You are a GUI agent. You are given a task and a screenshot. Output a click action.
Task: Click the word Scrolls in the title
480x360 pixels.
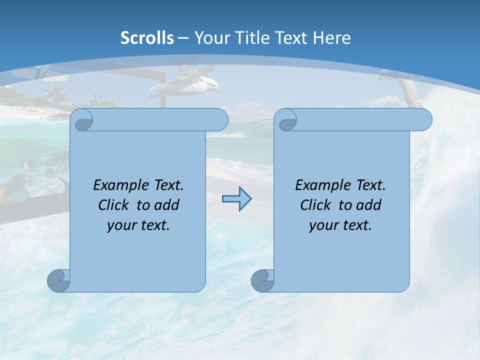(x=147, y=38)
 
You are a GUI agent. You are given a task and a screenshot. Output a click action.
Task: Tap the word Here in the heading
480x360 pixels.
(x=332, y=38)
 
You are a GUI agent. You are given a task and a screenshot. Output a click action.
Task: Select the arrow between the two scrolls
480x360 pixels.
(x=236, y=199)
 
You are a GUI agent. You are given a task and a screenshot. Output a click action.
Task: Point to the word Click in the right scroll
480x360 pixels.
(x=315, y=205)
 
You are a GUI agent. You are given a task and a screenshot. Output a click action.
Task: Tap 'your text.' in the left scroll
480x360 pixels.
(x=138, y=225)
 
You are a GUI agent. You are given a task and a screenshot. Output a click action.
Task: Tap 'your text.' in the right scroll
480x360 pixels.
(x=340, y=225)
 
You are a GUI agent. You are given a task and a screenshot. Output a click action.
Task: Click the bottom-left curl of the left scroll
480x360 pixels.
(x=58, y=280)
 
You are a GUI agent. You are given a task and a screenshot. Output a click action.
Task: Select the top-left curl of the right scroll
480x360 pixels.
(x=286, y=120)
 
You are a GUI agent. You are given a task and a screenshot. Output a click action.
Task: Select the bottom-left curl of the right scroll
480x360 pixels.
(x=262, y=280)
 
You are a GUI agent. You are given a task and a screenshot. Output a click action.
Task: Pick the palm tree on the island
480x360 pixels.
(x=55, y=94)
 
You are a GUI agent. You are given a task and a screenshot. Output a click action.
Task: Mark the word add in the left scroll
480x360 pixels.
(x=166, y=205)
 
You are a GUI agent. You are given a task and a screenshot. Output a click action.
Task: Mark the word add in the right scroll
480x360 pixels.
(x=368, y=205)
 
